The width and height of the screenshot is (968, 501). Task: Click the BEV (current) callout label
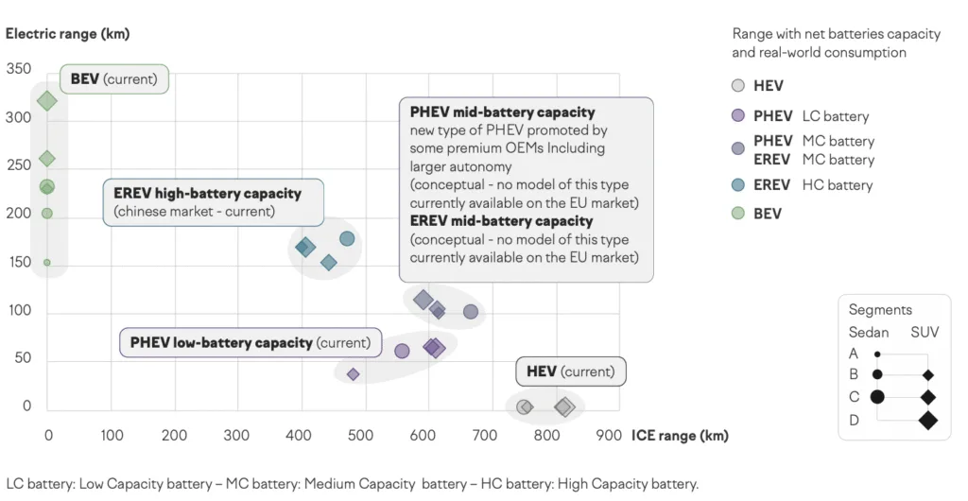click(113, 78)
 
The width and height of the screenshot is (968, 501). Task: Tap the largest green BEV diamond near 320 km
click(47, 101)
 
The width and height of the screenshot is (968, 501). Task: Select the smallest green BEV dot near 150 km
click(46, 263)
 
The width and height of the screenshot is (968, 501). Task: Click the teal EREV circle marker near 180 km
click(347, 238)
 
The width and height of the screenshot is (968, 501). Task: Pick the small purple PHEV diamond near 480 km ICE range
click(353, 374)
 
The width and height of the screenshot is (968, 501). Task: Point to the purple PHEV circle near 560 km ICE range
click(402, 351)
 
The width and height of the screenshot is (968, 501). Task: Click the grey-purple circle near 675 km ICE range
click(471, 312)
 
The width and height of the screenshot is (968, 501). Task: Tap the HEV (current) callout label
click(570, 371)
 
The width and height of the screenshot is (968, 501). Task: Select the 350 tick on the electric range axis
click(19, 69)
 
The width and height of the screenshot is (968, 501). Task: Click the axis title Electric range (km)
click(67, 34)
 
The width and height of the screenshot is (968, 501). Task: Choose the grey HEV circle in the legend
click(739, 86)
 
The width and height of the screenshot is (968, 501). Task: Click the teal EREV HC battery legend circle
click(739, 185)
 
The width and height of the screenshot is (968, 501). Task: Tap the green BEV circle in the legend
click(739, 214)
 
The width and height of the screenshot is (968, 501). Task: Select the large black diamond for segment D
click(927, 420)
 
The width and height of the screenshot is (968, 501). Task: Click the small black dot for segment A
click(877, 354)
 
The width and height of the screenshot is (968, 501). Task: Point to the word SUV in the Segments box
click(925, 332)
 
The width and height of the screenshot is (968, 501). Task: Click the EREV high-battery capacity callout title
click(207, 193)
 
